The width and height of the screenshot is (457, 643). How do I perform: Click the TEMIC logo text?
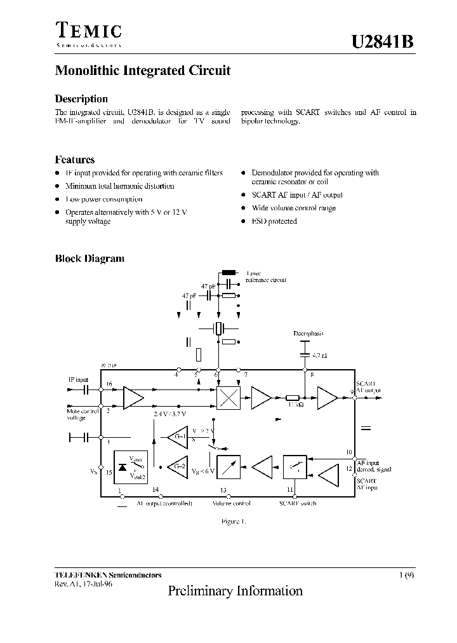88,31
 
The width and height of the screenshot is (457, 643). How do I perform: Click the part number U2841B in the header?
383,41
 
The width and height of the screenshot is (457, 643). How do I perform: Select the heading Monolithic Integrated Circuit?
143,71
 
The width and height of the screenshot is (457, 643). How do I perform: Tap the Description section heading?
81,98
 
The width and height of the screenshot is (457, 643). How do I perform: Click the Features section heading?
75,160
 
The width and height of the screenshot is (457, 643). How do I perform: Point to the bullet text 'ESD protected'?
274,221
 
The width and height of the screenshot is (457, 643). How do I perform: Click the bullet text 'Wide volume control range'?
293,208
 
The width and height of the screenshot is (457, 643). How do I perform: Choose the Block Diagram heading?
89,259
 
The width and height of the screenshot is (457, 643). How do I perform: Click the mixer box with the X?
228,398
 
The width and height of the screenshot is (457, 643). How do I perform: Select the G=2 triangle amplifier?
178,467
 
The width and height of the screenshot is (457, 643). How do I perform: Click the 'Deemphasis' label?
308,334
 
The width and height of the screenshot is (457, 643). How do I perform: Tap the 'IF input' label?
78,380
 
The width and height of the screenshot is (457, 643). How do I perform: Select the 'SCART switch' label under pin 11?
298,503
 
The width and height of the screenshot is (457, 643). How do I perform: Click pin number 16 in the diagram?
109,384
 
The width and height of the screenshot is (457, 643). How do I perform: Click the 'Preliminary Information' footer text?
235,591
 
